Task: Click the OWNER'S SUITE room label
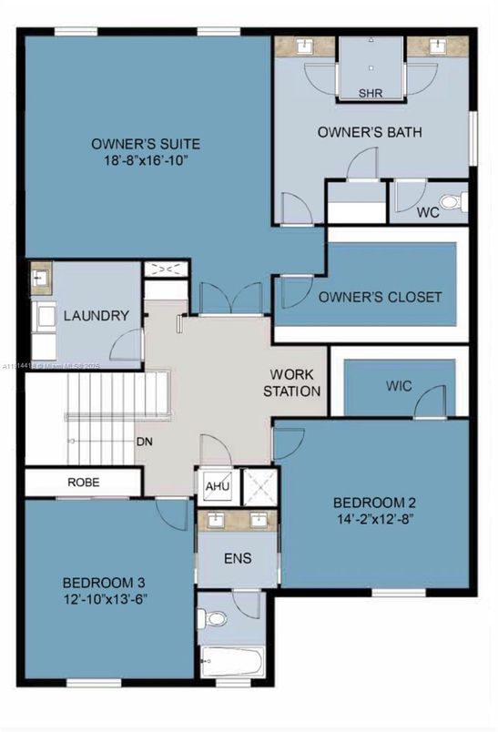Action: [146, 144]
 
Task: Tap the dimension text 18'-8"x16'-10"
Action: [146, 162]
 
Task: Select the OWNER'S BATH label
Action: [370, 132]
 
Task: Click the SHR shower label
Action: [370, 93]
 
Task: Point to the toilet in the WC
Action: [449, 202]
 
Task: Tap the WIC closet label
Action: [399, 386]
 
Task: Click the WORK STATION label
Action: [292, 383]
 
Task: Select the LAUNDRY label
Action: [96, 316]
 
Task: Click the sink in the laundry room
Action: [40, 275]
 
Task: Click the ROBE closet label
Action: [84, 483]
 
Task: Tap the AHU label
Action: [217, 487]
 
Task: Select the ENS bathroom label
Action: [238, 558]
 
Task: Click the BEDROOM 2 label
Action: [374, 503]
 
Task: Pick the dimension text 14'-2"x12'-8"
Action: [374, 521]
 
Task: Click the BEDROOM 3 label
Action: [104, 583]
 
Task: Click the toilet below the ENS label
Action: [215, 618]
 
